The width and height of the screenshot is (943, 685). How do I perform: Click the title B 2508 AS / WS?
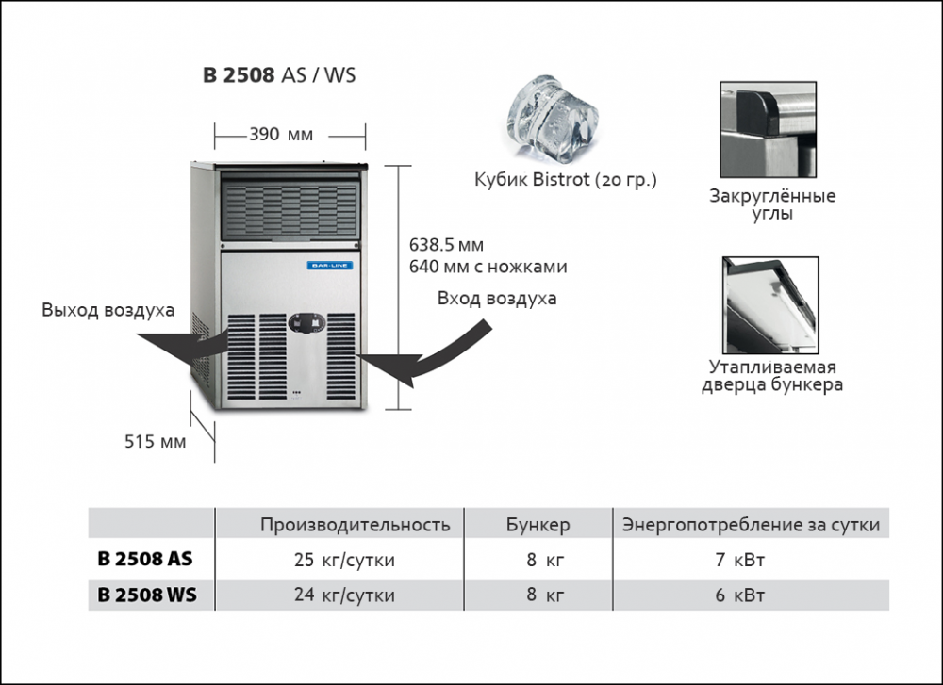(x=279, y=75)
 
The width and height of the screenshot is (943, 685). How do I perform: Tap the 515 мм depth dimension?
(x=156, y=440)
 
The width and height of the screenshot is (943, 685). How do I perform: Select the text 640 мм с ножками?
(x=488, y=267)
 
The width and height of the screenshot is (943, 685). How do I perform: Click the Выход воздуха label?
(x=108, y=311)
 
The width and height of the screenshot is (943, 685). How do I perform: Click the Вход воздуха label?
(x=497, y=299)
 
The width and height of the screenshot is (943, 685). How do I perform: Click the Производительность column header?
(x=356, y=525)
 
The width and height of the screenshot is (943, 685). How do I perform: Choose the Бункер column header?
(x=538, y=525)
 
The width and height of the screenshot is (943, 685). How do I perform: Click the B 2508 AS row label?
(x=145, y=560)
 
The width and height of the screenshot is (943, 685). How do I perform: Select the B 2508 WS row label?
(x=147, y=595)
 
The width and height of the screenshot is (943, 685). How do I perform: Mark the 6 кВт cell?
(x=740, y=595)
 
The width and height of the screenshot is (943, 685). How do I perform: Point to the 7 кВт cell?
(x=740, y=561)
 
